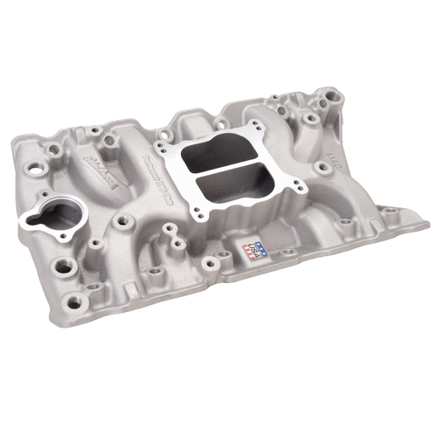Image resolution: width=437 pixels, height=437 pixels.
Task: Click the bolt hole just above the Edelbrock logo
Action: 110,138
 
